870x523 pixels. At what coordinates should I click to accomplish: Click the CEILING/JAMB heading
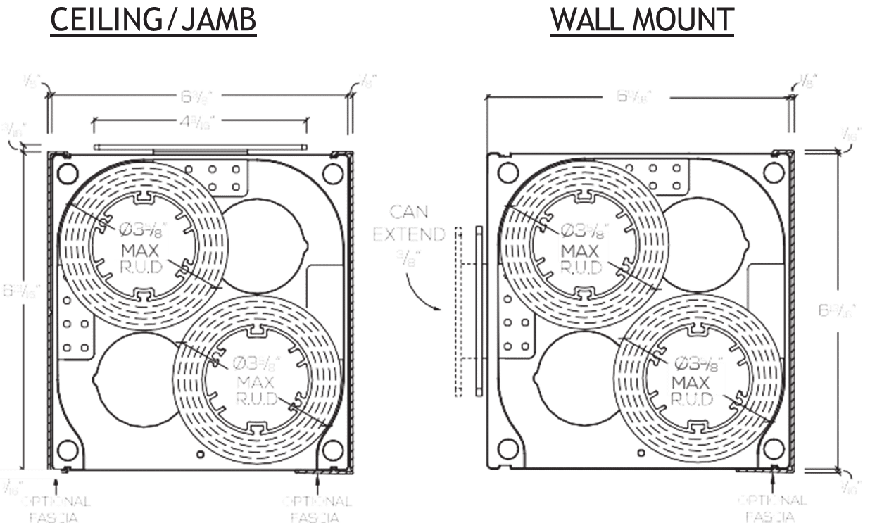(153, 21)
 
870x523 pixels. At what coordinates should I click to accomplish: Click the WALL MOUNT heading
(642, 21)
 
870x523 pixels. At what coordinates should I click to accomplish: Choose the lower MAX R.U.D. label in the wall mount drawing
(695, 382)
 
